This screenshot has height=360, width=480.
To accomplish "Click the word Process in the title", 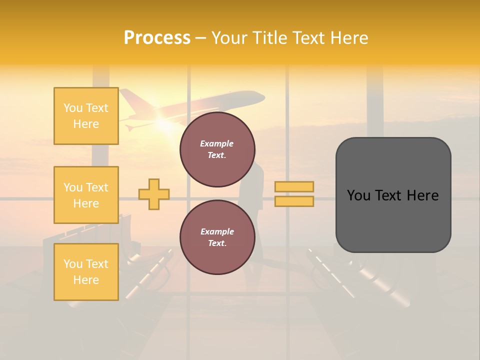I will pyautogui.click(x=157, y=38).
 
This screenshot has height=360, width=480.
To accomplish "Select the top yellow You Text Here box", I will pyautogui.click(x=86, y=116).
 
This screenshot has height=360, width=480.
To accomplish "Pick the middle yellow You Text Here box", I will pyautogui.click(x=86, y=195).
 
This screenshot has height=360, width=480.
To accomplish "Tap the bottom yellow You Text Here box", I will pyautogui.click(x=86, y=272).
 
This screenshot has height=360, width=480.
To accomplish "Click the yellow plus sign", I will pyautogui.click(x=154, y=194).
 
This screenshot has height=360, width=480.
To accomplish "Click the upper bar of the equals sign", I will pyautogui.click(x=294, y=186).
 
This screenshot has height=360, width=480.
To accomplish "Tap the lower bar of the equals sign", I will pyautogui.click(x=294, y=201).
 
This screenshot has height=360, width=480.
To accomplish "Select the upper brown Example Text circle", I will pyautogui.click(x=217, y=149).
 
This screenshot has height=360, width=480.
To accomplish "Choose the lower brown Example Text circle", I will pyautogui.click(x=217, y=237).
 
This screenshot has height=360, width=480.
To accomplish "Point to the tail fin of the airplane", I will pyautogui.click(x=127, y=98).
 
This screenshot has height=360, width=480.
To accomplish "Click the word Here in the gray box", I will pyautogui.click(x=422, y=195).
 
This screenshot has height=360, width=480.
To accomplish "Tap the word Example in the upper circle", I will pyautogui.click(x=217, y=143).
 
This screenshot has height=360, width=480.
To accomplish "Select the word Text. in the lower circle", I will pyautogui.click(x=217, y=243).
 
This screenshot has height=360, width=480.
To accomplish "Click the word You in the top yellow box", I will pyautogui.click(x=73, y=108).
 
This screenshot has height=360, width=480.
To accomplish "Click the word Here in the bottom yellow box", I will pyautogui.click(x=86, y=280).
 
